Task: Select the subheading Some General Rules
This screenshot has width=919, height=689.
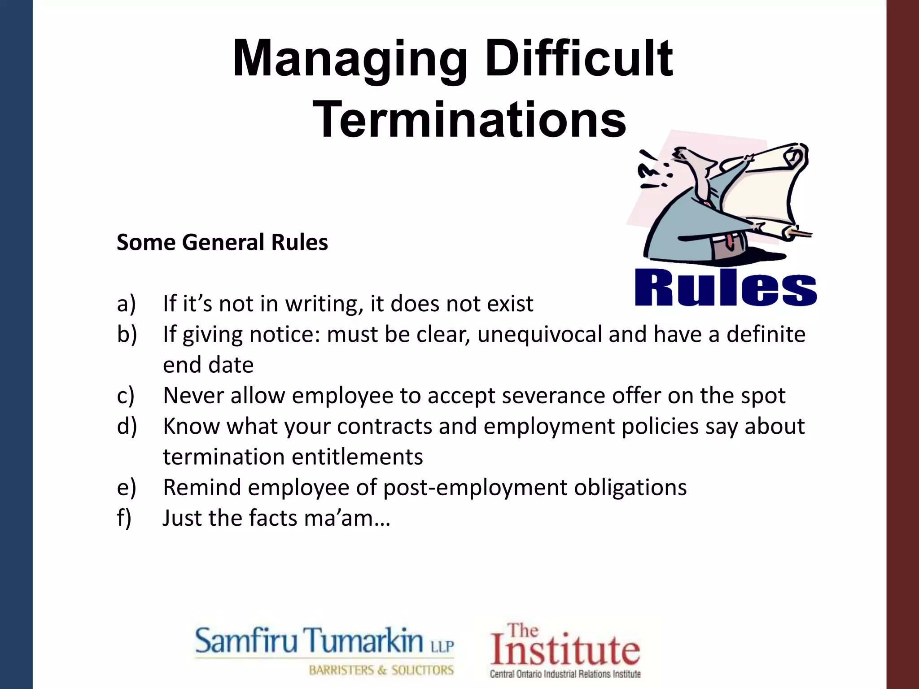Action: tap(222, 242)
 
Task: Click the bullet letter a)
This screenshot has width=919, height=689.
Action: tap(126, 304)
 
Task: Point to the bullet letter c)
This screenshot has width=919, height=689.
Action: tap(126, 396)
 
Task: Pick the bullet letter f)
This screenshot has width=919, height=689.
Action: tap(124, 518)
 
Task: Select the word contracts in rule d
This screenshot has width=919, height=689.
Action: tap(384, 426)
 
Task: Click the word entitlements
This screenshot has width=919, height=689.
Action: tap(357, 457)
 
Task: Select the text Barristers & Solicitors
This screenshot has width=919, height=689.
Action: tap(381, 670)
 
